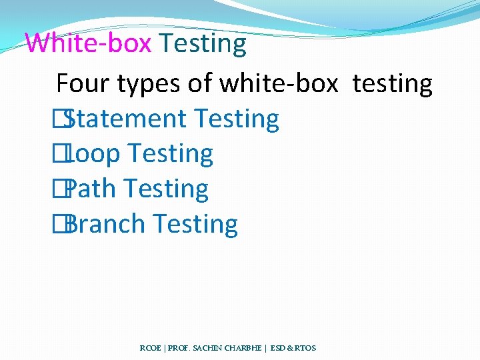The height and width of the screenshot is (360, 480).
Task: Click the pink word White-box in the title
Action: click(x=89, y=44)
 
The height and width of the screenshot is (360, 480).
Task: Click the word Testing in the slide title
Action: click(x=203, y=44)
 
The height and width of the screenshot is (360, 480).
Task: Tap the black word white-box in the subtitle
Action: click(x=279, y=84)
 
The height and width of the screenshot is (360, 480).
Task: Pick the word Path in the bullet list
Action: click(x=91, y=189)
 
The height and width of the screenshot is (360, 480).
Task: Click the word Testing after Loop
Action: click(x=171, y=155)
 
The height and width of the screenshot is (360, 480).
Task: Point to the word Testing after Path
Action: click(x=166, y=189)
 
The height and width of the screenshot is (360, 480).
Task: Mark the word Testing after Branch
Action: click(x=195, y=225)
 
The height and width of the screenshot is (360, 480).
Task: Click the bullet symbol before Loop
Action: click(x=62, y=154)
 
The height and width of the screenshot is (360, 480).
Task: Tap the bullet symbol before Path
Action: click(x=62, y=189)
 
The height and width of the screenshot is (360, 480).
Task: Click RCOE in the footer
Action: click(x=151, y=348)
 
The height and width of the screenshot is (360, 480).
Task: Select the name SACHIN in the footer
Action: click(x=203, y=348)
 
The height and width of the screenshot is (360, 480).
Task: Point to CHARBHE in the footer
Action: click(x=243, y=348)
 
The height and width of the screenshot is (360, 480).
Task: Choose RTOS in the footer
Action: click(x=305, y=348)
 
